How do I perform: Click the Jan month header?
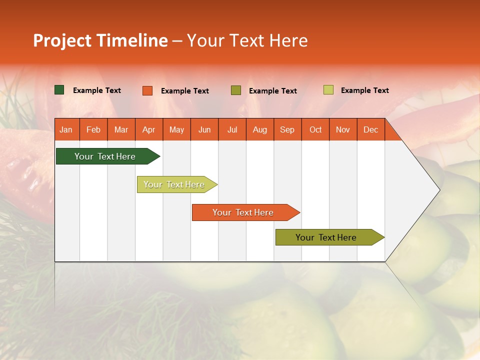(x=66, y=129)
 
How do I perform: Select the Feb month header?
(x=93, y=129)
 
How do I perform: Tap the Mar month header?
(x=121, y=129)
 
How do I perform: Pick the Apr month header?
(x=149, y=129)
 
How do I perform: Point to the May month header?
(x=176, y=129)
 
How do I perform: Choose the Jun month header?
(x=204, y=129)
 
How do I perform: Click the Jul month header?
(x=232, y=129)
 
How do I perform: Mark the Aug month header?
(x=260, y=129)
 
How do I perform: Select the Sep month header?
(x=287, y=129)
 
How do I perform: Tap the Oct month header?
(x=315, y=129)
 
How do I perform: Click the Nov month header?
(x=343, y=129)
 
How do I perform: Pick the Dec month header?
(x=371, y=129)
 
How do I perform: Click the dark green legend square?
(x=59, y=90)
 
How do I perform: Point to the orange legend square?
(x=147, y=90)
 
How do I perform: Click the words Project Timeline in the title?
(x=100, y=40)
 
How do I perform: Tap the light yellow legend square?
(x=328, y=90)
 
